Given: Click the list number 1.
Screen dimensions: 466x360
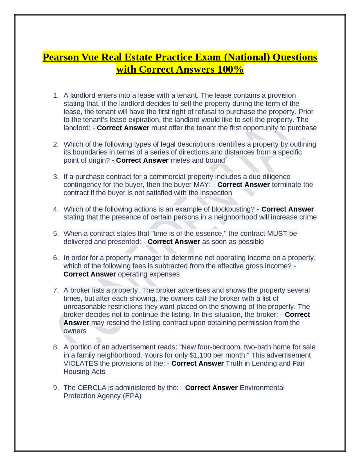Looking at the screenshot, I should tap(56, 95).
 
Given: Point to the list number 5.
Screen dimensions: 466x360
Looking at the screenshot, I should tap(56, 234).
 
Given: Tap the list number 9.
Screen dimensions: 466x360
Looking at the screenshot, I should tap(56, 388).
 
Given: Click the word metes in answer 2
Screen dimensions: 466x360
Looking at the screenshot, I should tap(179, 160).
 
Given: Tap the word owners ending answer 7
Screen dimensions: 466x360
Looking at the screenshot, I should tap(75, 331).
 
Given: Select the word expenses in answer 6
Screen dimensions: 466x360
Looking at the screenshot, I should tap(166, 274).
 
